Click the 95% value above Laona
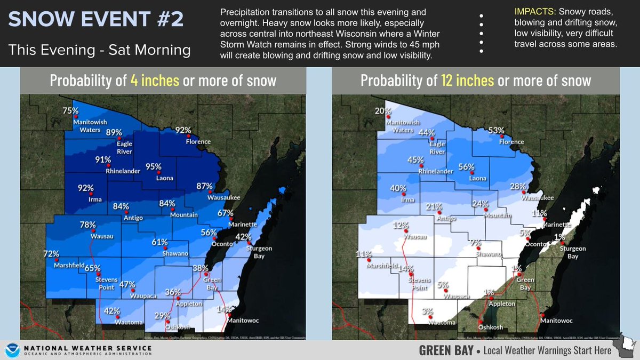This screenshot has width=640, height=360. click(x=154, y=166)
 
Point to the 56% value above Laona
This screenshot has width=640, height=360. click(x=466, y=167)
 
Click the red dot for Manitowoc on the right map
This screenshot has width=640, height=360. click(x=542, y=314)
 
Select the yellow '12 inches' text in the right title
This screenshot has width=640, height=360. click(x=468, y=81)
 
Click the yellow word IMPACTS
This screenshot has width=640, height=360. click(x=534, y=11)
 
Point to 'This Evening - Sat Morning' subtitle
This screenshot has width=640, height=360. click(x=99, y=50)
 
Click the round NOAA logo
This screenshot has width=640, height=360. click(x=11, y=350)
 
